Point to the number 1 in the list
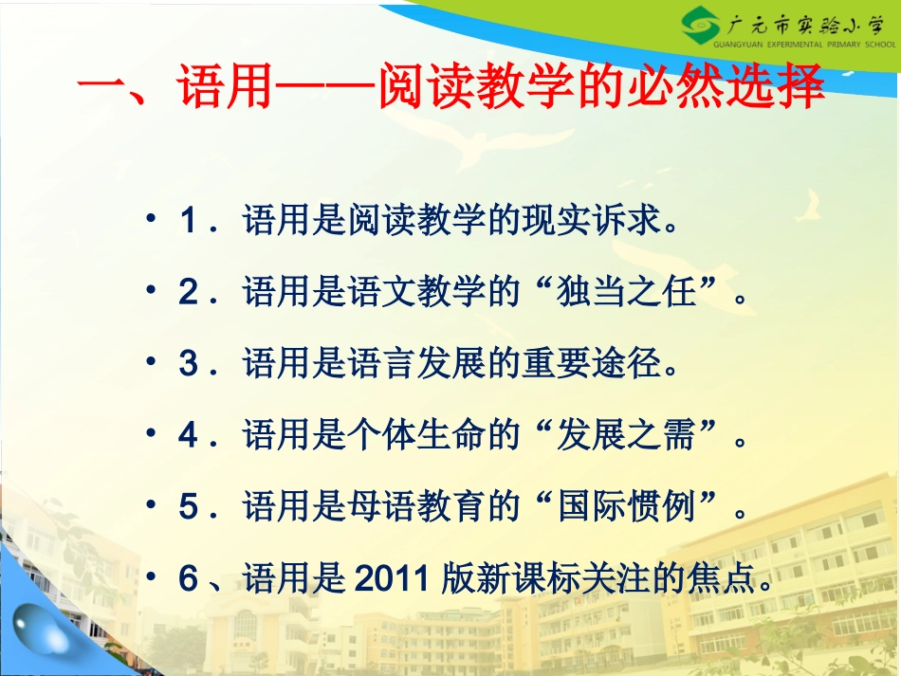click(187, 223)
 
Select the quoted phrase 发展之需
click(629, 435)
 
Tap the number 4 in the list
click(187, 435)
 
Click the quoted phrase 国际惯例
click(629, 506)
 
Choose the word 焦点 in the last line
click(723, 577)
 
